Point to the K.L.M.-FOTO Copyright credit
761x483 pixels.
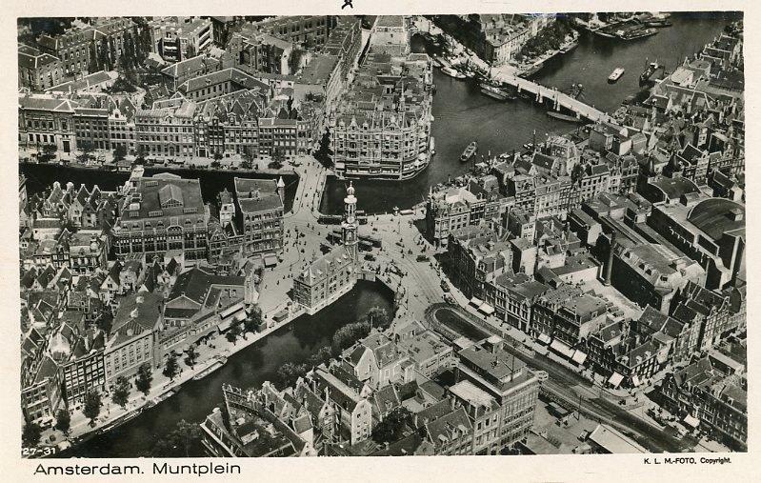point(686,460)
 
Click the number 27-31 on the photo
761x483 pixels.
point(39,451)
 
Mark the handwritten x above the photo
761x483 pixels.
point(347,5)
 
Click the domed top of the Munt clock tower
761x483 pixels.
point(350,195)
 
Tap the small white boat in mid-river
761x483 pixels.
point(616,73)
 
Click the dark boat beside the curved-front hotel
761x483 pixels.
point(468,151)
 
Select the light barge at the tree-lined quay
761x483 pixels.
point(210,368)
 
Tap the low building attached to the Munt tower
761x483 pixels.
point(324,276)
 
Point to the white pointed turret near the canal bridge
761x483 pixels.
point(281,185)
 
